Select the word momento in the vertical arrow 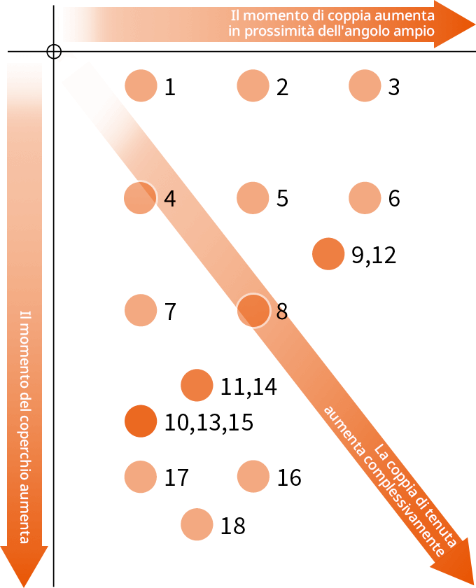pyautogui.click(x=24, y=350)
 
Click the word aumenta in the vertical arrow pyautogui.click(x=24, y=516)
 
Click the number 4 pyautogui.click(x=169, y=199)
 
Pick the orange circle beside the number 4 pyautogui.click(x=140, y=197)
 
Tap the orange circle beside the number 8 pyautogui.click(x=253, y=310)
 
